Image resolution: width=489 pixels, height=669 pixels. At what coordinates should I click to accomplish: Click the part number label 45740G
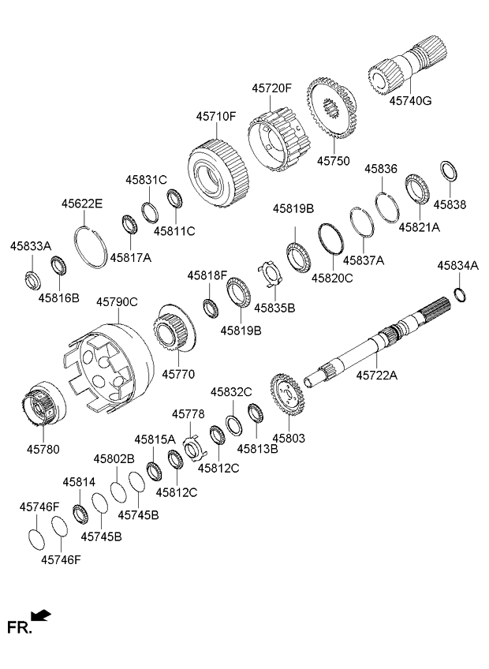(x=410, y=100)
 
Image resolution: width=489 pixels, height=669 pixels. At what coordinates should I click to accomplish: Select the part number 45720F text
(x=272, y=88)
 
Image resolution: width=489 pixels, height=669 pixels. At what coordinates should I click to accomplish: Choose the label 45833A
(x=30, y=246)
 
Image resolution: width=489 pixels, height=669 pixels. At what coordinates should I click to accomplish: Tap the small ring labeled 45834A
(x=462, y=294)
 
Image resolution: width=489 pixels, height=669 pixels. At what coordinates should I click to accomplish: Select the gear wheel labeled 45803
(x=288, y=398)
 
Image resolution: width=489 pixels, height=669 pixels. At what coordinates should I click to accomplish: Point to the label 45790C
(x=117, y=301)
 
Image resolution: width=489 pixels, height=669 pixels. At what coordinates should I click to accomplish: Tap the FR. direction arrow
(x=41, y=616)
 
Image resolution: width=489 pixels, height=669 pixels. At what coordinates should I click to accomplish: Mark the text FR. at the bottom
(x=18, y=628)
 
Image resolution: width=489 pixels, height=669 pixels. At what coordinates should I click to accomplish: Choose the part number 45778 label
(x=189, y=413)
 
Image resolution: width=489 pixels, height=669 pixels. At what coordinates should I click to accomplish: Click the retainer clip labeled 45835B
(x=271, y=276)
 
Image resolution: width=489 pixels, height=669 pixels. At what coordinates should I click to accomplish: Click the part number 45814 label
(x=79, y=481)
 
